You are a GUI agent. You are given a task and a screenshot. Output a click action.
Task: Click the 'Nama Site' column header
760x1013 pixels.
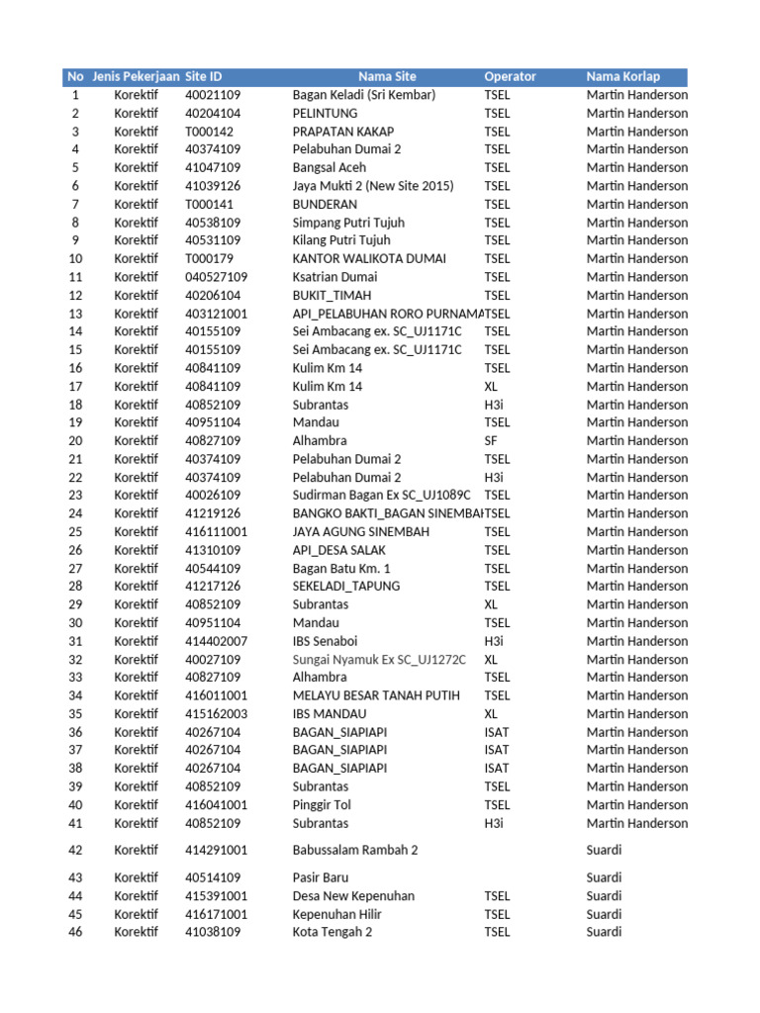click(387, 76)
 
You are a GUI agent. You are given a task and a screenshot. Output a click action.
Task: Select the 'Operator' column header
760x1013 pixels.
click(510, 76)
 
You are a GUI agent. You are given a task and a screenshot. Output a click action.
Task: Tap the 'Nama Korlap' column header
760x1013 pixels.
click(622, 76)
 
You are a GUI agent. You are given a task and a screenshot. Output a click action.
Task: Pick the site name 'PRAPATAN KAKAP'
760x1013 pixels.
click(342, 132)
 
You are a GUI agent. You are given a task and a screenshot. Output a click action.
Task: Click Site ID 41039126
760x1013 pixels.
click(213, 186)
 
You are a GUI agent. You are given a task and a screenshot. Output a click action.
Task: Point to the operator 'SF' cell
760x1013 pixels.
click(491, 440)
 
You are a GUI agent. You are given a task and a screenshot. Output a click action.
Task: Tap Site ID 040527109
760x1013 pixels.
click(217, 277)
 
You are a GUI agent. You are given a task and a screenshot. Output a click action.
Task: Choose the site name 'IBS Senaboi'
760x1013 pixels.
click(326, 641)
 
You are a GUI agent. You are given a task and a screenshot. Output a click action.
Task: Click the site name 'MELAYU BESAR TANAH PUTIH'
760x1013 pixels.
click(376, 695)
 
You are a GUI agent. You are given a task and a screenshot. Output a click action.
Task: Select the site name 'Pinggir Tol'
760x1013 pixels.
click(322, 805)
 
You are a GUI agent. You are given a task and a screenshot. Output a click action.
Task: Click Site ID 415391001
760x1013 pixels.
click(217, 896)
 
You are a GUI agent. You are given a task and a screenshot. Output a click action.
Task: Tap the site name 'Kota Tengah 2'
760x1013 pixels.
click(332, 932)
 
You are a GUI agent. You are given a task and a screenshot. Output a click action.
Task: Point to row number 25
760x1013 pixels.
click(75, 532)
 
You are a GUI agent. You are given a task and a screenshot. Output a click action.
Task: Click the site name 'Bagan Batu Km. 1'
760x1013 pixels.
click(341, 569)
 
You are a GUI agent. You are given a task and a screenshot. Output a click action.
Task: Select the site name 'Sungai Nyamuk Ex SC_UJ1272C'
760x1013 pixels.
click(379, 660)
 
